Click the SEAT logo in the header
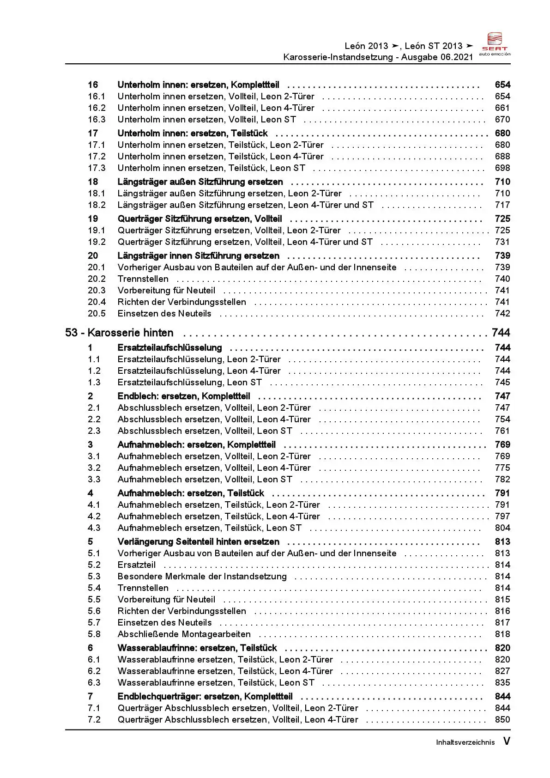pyautogui.click(x=495, y=43)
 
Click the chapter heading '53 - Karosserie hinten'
pyautogui.click(x=119, y=333)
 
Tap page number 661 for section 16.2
pyautogui.click(x=502, y=108)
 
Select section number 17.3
pyautogui.click(x=97, y=168)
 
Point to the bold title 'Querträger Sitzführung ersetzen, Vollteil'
pyautogui.click(x=199, y=219)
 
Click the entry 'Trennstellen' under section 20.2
pyautogui.click(x=143, y=279)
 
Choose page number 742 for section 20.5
pyautogui.click(x=502, y=313)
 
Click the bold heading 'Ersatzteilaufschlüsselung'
pyautogui.click(x=169, y=347)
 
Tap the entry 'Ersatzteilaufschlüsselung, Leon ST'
pyautogui.click(x=189, y=382)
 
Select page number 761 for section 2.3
pyautogui.click(x=502, y=431)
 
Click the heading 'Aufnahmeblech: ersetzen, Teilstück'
pyautogui.click(x=191, y=493)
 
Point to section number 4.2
pyautogui.click(x=94, y=516)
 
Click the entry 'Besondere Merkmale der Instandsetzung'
pyautogui.click(x=202, y=576)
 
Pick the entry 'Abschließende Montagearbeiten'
pyautogui.click(x=184, y=634)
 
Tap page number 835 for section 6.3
pyautogui.click(x=502, y=682)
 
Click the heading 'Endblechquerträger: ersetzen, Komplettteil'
pyautogui.click(x=205, y=696)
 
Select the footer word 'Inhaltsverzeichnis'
pyautogui.click(x=465, y=742)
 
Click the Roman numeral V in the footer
pyautogui.click(x=506, y=742)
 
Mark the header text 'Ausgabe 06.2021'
pyautogui.click(x=437, y=57)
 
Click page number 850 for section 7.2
pyautogui.click(x=502, y=719)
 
